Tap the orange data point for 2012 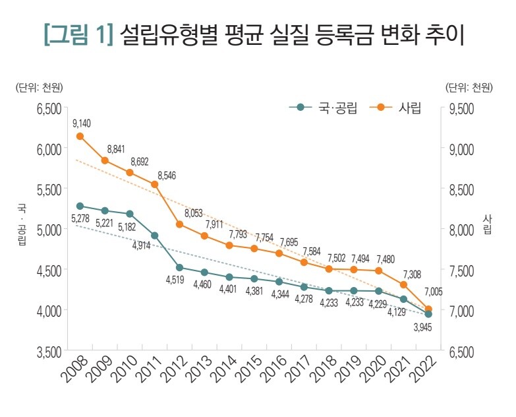click(179, 224)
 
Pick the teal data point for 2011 click(155, 236)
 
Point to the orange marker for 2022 click(428, 309)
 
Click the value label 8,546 click(166, 176)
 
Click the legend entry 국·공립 click(323, 108)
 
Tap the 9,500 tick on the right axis click(461, 109)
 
